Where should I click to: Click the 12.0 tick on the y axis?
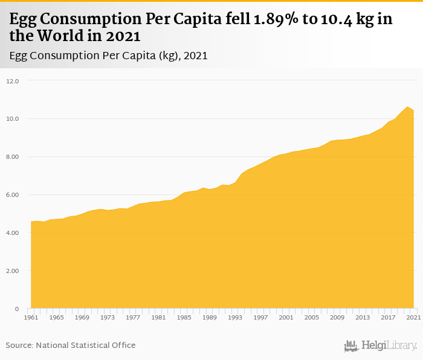click(x=13, y=81)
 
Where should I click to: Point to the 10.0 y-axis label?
click(x=13, y=119)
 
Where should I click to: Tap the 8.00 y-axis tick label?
click(x=13, y=157)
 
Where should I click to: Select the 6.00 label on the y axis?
click(x=13, y=195)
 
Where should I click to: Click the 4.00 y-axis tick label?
click(x=13, y=233)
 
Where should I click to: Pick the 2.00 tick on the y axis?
click(x=13, y=271)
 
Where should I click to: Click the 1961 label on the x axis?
click(x=31, y=317)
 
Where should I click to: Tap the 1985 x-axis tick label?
click(x=184, y=317)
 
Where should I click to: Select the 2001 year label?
click(x=286, y=317)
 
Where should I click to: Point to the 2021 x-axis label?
click(x=413, y=317)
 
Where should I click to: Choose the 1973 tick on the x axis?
click(x=108, y=317)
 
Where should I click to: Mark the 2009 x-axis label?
click(x=337, y=317)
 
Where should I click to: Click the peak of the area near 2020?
click(x=407, y=107)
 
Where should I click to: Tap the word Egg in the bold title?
click(x=22, y=19)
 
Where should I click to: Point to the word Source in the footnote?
click(x=19, y=345)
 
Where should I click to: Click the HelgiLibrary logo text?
click(x=389, y=346)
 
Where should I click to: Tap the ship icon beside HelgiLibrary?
click(x=351, y=346)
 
